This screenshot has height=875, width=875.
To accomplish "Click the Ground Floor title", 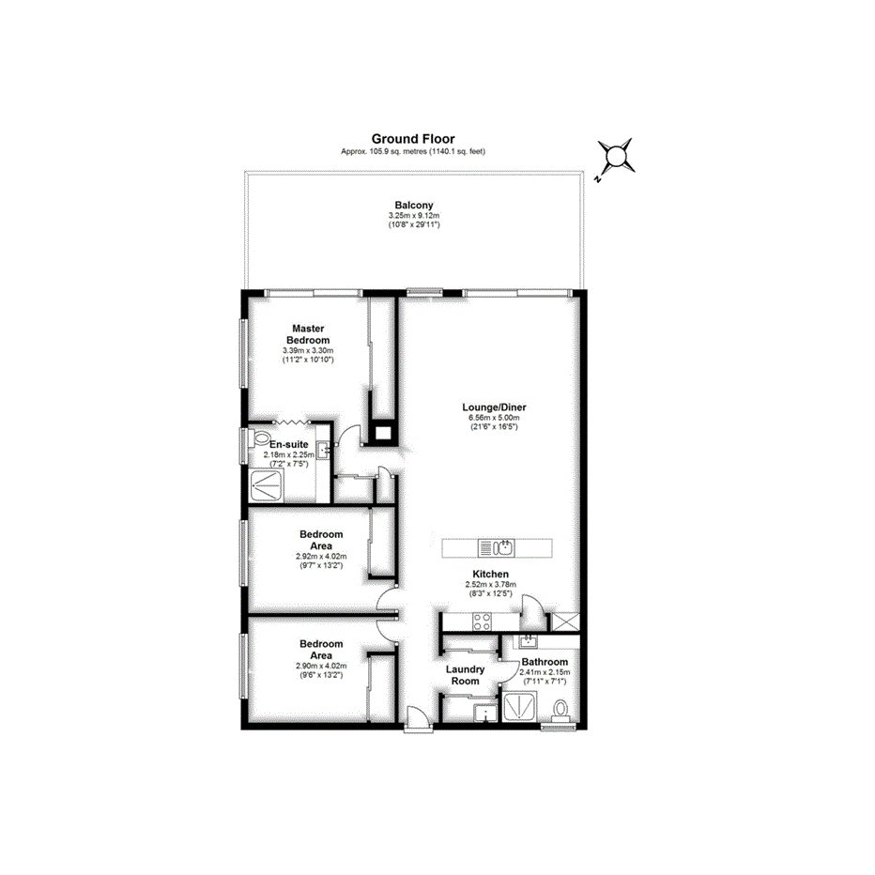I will tap(413, 139).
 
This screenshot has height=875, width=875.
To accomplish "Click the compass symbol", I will tap(616, 157).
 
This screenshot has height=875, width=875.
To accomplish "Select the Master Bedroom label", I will tap(308, 333).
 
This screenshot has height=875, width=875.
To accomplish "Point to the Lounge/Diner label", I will tap(494, 407).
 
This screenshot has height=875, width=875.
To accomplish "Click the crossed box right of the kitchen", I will tap(566, 621).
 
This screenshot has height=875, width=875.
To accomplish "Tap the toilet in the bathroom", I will tap(561, 709).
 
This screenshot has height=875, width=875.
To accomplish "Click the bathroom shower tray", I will tap(519, 706).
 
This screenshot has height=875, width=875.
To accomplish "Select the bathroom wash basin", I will tap(528, 642).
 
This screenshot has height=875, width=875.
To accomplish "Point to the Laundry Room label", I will tap(465, 675).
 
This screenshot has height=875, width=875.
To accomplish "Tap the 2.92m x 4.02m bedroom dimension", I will tap(321, 556).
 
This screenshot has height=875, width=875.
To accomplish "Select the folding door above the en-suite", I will tap(296, 423).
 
